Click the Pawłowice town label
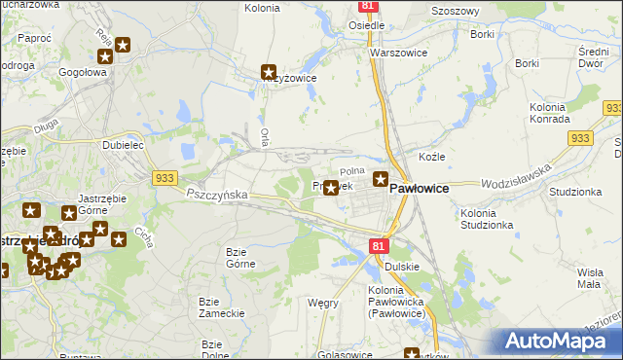(x=419, y=189)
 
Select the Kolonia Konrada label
(x=550, y=112)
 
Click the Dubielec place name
(x=124, y=144)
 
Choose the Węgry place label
(x=322, y=303)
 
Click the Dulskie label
(x=401, y=266)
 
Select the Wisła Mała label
(x=593, y=278)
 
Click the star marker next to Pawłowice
(x=381, y=179)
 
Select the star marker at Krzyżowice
(x=270, y=71)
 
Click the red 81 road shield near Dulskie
(x=380, y=247)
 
